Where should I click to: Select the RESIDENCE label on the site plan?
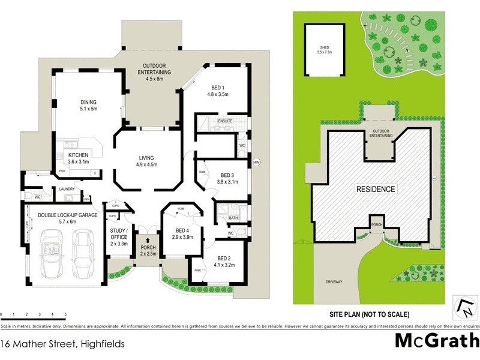point(376,189)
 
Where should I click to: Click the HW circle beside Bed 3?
point(256,163)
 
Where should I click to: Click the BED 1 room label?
point(218,90)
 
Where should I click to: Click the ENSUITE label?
point(225,121)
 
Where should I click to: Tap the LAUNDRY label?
point(67,190)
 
